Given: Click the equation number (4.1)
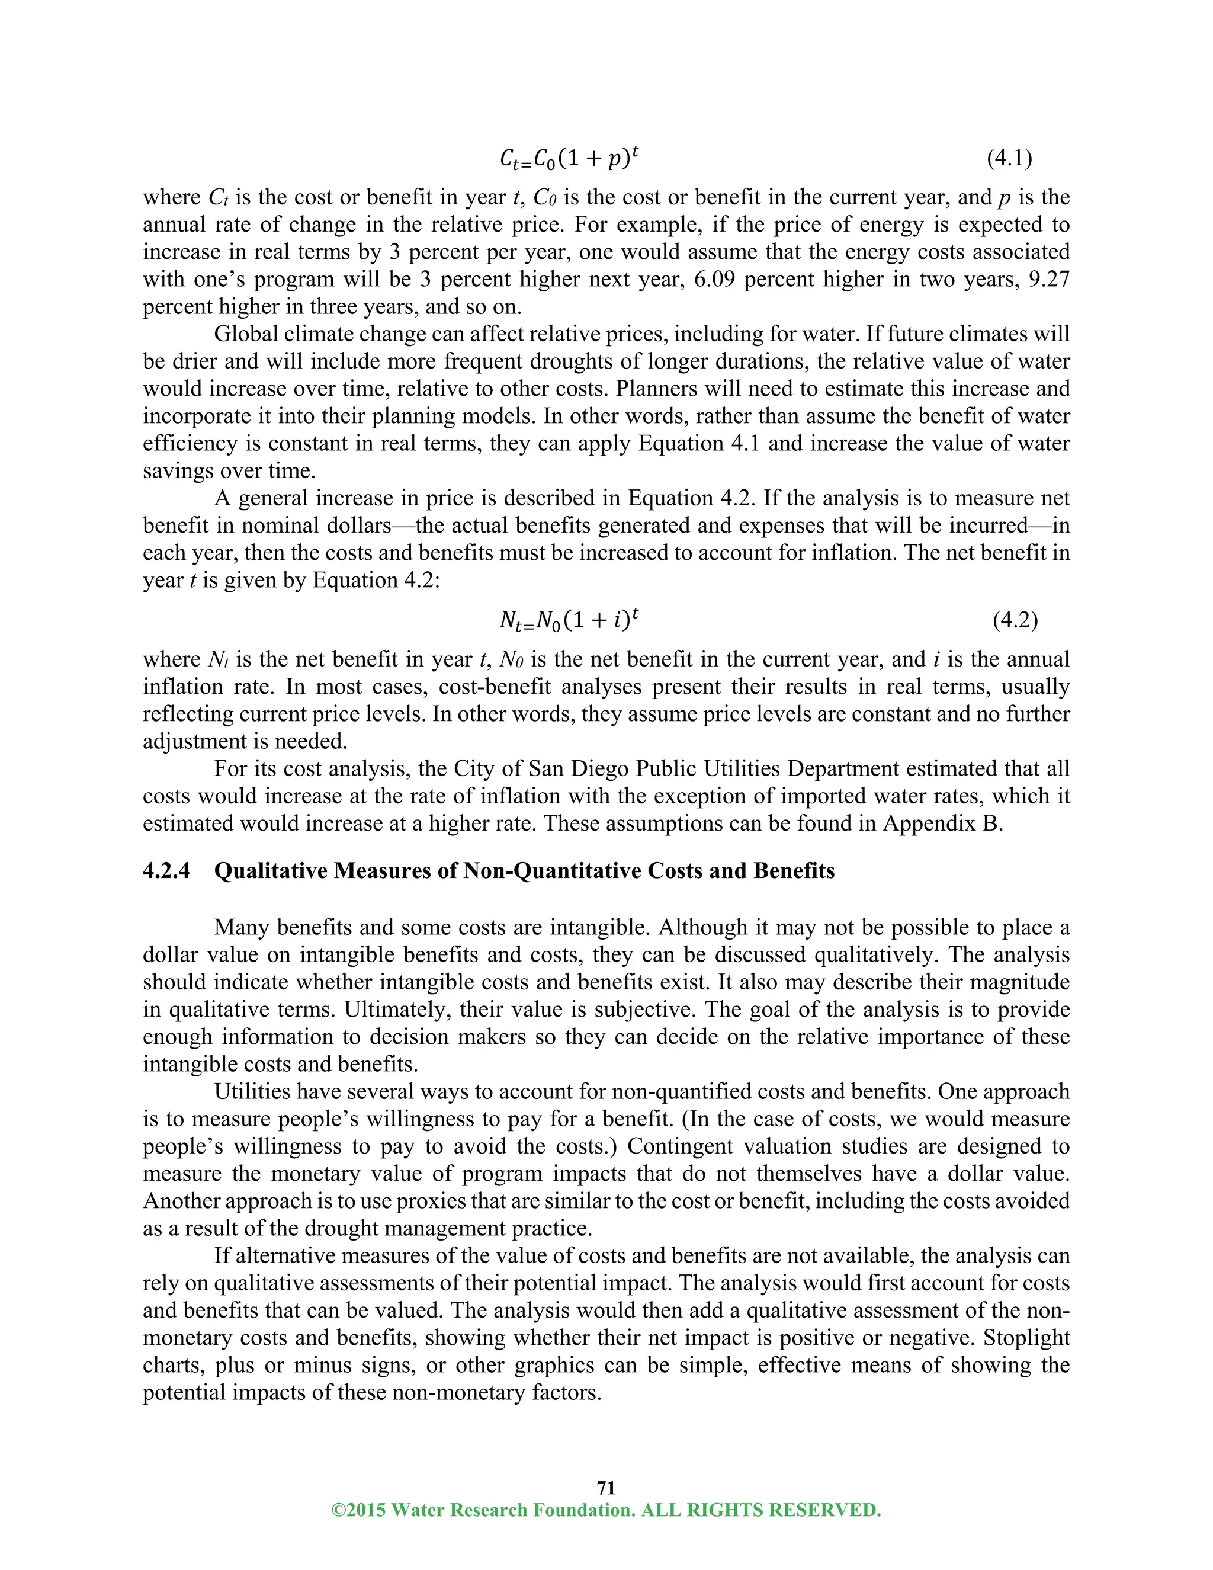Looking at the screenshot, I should [1010, 158].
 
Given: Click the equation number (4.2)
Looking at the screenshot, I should [1015, 620].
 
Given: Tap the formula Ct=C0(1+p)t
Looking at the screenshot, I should [569, 158].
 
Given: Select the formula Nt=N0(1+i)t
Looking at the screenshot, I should [569, 620].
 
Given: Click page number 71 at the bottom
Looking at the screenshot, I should [606, 1487].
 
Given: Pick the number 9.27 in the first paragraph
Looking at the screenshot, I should [1049, 279].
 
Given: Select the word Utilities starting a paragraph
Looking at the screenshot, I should [249, 1091].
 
